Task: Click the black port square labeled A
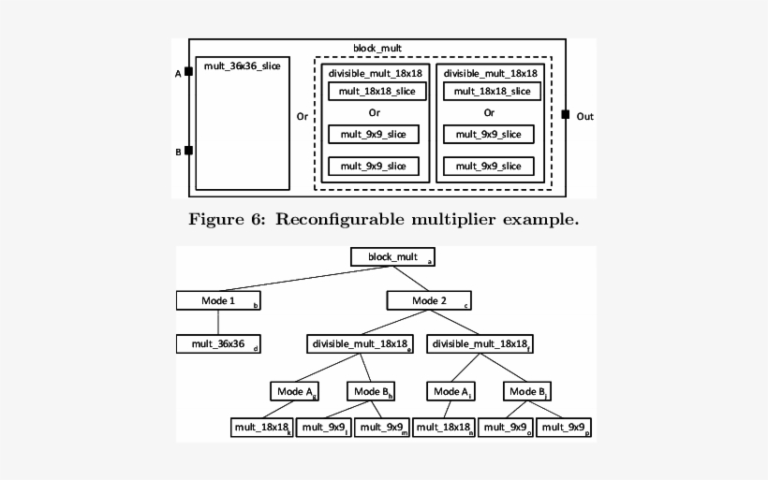coord(188,71)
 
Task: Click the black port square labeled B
coord(188,150)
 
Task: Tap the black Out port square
coord(565,115)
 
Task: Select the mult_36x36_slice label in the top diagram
coord(242,65)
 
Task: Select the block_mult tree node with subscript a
coord(393,255)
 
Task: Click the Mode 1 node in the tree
coord(218,300)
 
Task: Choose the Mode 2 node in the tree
coord(429,300)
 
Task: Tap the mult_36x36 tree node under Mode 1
coord(218,343)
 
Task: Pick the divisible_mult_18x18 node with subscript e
coord(359,344)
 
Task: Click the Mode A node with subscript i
coord(452,389)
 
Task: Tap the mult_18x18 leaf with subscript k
coord(262,428)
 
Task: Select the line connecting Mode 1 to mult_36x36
coord(218,322)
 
